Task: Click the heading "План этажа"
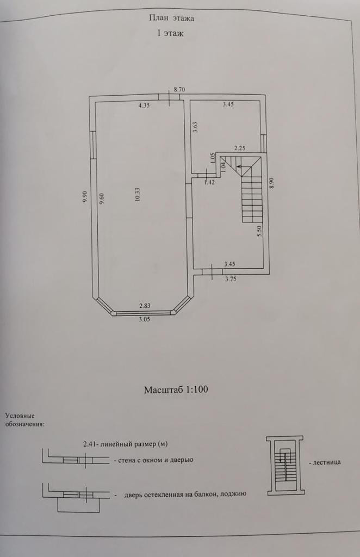[171, 18]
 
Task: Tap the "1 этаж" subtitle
[171, 34]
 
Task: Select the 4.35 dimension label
[144, 106]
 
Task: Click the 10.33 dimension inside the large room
[138, 195]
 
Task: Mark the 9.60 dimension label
[102, 198]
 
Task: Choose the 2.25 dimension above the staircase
[240, 148]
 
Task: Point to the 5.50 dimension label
[260, 230]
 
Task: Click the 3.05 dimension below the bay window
[144, 320]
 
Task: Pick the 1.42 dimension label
[209, 182]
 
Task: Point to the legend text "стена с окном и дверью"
[154, 460]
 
